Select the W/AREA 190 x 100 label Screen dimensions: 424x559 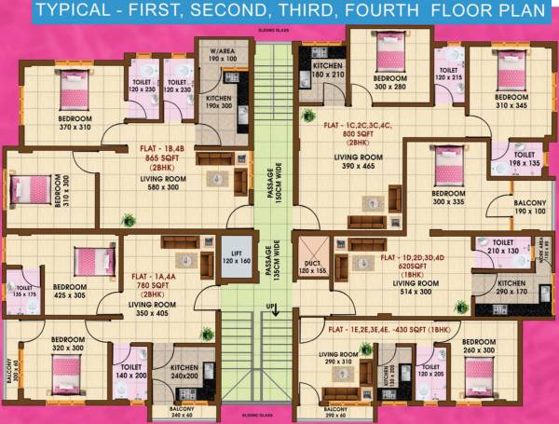[x=221, y=54]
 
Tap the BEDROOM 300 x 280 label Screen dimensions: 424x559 [x=389, y=81]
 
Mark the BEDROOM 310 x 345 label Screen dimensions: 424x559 [x=511, y=102]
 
